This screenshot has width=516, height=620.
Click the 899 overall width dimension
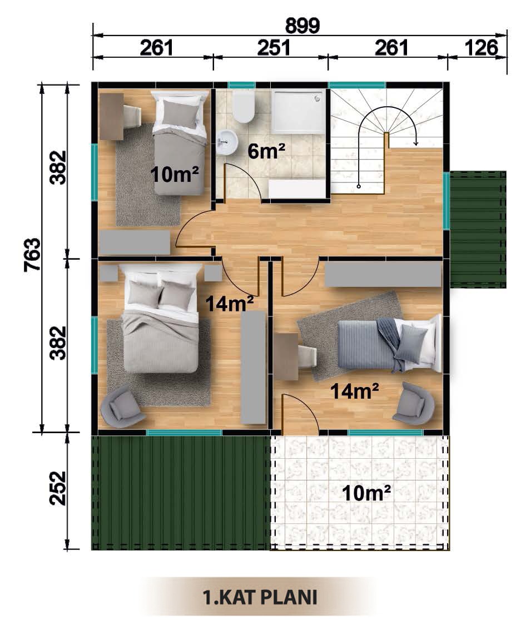(302, 26)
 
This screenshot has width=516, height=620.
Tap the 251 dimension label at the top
(274, 48)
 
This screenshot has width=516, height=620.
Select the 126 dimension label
(481, 48)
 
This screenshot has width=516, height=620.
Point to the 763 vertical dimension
(32, 254)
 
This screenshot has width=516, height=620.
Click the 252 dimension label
(58, 488)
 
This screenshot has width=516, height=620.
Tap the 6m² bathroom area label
(266, 151)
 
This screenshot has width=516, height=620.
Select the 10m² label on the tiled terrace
(366, 493)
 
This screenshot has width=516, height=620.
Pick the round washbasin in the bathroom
(227, 142)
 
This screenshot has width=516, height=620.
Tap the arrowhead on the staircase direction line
(415, 143)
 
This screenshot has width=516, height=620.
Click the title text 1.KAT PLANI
(260, 597)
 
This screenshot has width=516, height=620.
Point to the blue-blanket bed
(389, 343)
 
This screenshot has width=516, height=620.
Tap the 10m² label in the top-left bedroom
(175, 174)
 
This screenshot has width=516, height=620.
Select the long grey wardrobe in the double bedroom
(253, 368)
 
